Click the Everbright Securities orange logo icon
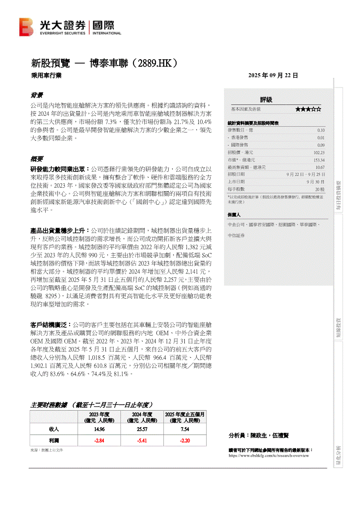click(x=26, y=27)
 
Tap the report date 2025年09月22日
click(x=273, y=75)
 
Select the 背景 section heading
click(x=36, y=95)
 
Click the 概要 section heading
click(x=36, y=158)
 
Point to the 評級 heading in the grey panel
click(x=266, y=100)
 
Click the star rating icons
click(x=308, y=109)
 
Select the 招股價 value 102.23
click(x=319, y=152)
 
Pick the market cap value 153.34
click(x=319, y=160)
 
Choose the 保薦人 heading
click(x=234, y=215)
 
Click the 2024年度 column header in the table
click(x=142, y=417)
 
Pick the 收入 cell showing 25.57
click(x=142, y=429)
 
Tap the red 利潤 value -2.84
click(x=99, y=440)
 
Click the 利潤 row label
click(x=54, y=440)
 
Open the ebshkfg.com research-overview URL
click(x=268, y=455)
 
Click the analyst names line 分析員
click(x=258, y=435)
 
